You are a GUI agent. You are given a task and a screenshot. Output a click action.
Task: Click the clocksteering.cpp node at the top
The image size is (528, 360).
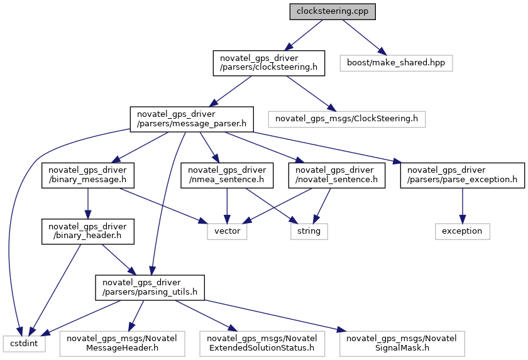(333, 11)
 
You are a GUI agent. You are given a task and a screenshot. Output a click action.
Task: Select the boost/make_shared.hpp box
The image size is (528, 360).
(396, 63)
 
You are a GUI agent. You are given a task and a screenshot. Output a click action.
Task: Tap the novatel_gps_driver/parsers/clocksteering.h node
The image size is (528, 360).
(269, 63)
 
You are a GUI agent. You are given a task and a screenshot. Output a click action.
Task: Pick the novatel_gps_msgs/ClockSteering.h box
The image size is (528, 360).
(346, 119)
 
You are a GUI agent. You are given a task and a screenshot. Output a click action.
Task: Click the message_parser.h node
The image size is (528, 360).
(192, 119)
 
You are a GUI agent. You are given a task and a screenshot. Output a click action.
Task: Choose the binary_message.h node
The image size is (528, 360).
(87, 175)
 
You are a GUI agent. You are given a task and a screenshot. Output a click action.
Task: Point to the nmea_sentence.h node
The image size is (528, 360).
(227, 175)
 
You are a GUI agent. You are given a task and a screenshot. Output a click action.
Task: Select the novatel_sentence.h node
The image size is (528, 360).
(336, 175)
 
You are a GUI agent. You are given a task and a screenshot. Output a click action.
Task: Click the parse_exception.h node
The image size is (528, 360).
(463, 175)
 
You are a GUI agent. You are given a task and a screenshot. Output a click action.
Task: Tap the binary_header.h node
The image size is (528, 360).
(87, 231)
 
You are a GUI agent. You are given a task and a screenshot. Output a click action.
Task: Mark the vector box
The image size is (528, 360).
(227, 231)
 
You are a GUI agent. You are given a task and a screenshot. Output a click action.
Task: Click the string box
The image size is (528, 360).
(309, 231)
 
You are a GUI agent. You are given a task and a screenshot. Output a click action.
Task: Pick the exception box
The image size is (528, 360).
(463, 231)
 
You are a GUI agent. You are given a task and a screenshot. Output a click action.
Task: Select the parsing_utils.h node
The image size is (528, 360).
(150, 288)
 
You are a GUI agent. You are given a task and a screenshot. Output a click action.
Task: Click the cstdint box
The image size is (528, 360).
(24, 344)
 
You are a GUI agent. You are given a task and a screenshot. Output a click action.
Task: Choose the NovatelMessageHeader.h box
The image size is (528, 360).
(122, 344)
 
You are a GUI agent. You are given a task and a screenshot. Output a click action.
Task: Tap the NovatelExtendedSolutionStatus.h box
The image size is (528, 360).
(262, 344)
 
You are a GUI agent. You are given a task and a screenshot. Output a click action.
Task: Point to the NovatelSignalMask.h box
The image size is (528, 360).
(402, 344)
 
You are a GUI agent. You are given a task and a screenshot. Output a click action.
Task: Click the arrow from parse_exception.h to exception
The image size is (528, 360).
(463, 206)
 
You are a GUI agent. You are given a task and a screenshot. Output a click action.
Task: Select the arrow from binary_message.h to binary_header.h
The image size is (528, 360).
(88, 204)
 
